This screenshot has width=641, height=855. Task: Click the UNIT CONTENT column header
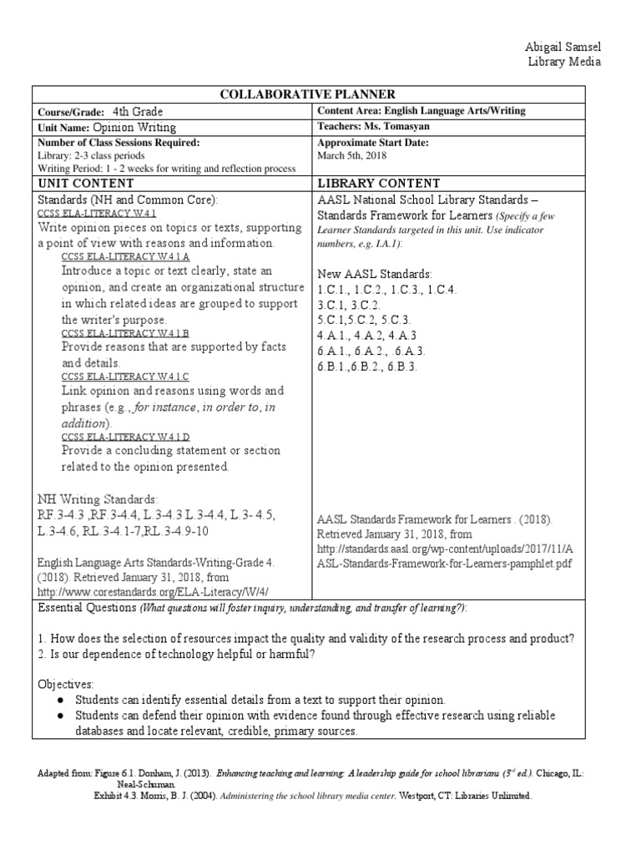point(85,183)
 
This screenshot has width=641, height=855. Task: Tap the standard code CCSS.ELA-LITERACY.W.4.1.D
point(125,438)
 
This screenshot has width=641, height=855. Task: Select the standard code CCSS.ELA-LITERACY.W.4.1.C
point(125,377)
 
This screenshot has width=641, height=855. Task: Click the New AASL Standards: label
point(374,274)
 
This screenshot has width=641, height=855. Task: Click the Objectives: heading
point(66,684)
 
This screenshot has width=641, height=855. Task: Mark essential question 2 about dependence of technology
point(177,653)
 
